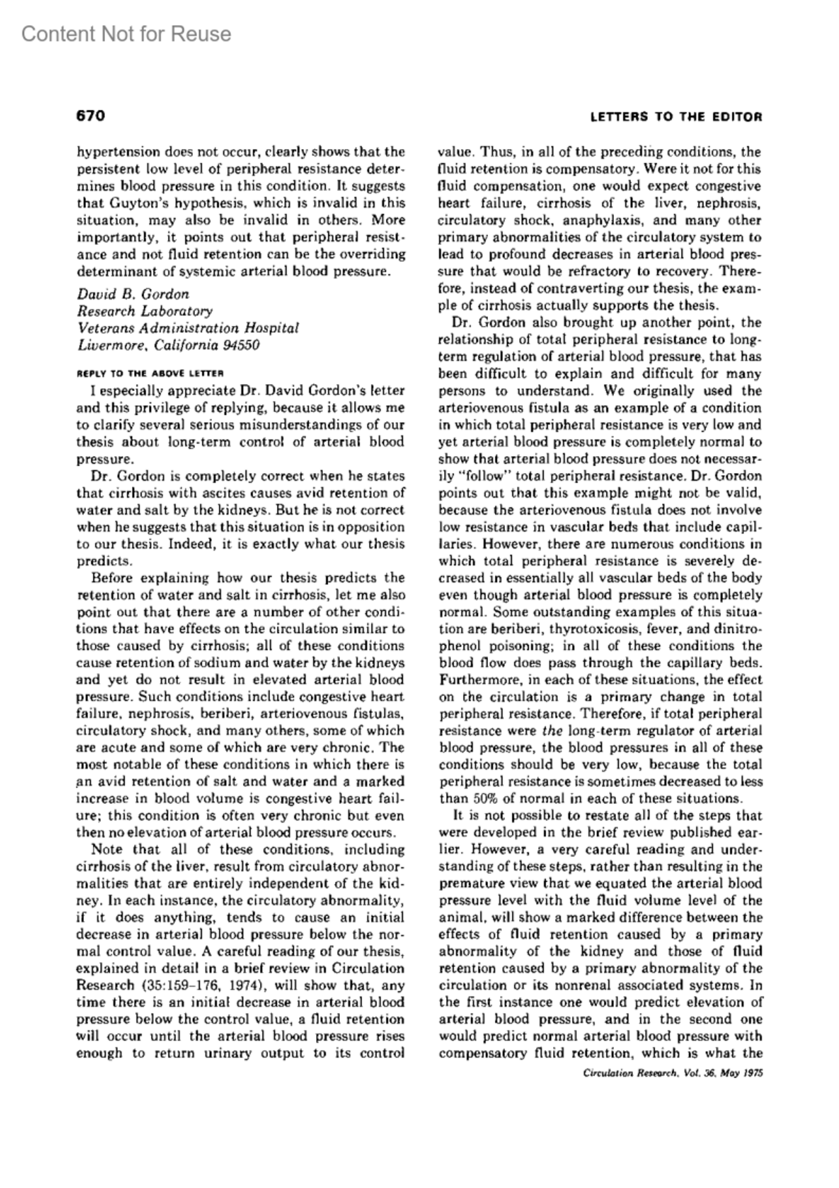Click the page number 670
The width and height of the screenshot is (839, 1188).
tap(90, 115)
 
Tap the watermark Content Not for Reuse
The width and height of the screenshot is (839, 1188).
tap(126, 34)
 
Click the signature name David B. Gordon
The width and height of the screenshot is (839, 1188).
tap(133, 294)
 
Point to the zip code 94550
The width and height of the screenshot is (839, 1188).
tap(241, 345)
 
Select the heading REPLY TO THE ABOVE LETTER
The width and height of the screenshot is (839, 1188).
tap(150, 373)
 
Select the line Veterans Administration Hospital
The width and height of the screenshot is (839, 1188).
tap(188, 327)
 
